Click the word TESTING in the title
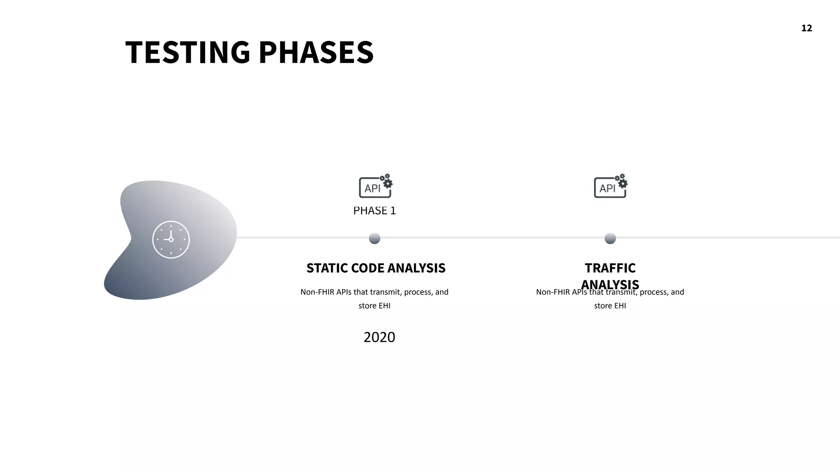(x=187, y=52)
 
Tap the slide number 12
(x=806, y=28)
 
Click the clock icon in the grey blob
(x=171, y=240)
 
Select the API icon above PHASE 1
(x=375, y=187)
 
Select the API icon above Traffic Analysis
(x=610, y=187)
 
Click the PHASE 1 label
(x=374, y=211)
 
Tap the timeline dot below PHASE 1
(x=374, y=238)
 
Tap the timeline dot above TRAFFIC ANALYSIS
(x=610, y=238)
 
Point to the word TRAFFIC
(x=610, y=268)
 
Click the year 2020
(x=379, y=337)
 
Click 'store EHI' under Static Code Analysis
(x=374, y=306)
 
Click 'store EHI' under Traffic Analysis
(x=610, y=306)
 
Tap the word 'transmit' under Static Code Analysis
(x=385, y=292)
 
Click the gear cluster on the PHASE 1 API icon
(x=386, y=181)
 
